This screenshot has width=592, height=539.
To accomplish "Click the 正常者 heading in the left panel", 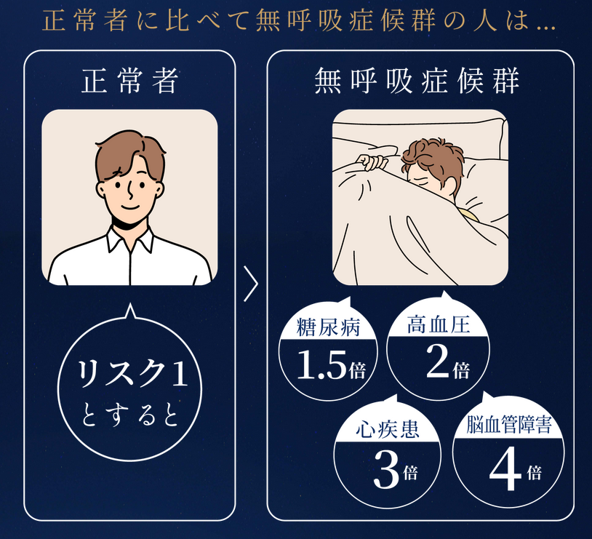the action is coord(129,81).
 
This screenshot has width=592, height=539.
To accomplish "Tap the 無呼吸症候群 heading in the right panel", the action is coord(417,81).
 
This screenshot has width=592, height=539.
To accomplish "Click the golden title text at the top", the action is coord(299,21).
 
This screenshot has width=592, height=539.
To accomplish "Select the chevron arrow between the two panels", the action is coord(251,284).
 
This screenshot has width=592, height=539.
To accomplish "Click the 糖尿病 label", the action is coord(329,327).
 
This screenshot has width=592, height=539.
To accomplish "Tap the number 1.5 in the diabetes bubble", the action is coord(321,364).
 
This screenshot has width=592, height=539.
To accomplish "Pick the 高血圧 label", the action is coord(439,324).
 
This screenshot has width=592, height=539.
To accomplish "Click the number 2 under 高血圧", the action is coord(437,362).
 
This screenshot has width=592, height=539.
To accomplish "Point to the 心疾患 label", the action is coord(388,429).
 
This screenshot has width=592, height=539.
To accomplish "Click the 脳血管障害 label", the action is coord(509,425).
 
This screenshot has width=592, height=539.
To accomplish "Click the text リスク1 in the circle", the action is coord(132,374).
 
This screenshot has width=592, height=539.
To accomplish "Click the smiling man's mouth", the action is coord(130,207).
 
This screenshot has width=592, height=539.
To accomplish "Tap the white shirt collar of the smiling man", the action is coord(130,239).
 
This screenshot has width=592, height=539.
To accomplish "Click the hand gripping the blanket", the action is coord(372,161).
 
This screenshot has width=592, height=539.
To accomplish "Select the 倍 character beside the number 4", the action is coord(535,473).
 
